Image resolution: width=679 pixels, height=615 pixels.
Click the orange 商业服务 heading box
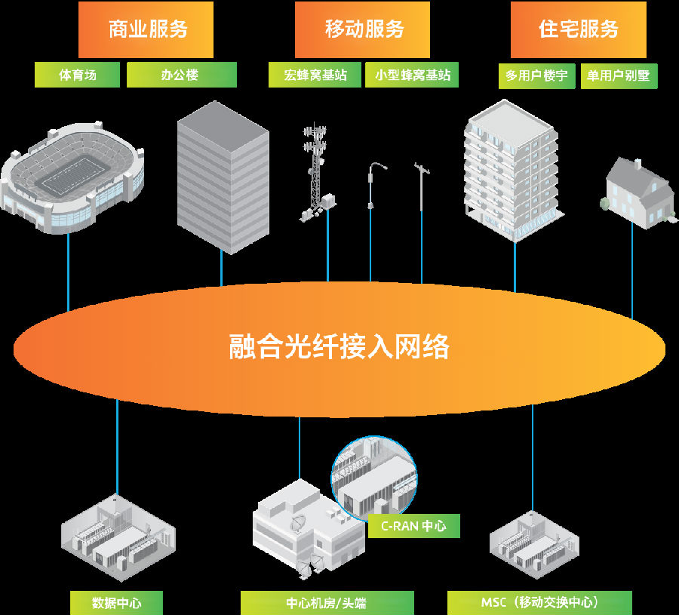point(146,29)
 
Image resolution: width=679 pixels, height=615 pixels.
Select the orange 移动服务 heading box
point(362,29)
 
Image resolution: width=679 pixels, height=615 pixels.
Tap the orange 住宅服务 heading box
point(579,29)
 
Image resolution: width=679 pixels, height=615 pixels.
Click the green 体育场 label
point(77,75)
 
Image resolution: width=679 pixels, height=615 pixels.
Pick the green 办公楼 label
point(181,75)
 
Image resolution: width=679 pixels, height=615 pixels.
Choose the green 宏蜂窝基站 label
point(315,75)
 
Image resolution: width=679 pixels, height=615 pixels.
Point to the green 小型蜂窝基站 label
point(412,75)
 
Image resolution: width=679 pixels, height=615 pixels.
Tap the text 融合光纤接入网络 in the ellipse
point(339,347)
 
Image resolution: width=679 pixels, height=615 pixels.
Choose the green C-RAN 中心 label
point(413,526)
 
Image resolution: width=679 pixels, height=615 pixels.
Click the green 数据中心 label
point(116,603)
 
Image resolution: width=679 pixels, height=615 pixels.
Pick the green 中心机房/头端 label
point(327,603)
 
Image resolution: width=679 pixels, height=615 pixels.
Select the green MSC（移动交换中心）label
point(539,603)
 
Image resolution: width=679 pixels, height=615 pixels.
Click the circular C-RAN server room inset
point(374,475)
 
